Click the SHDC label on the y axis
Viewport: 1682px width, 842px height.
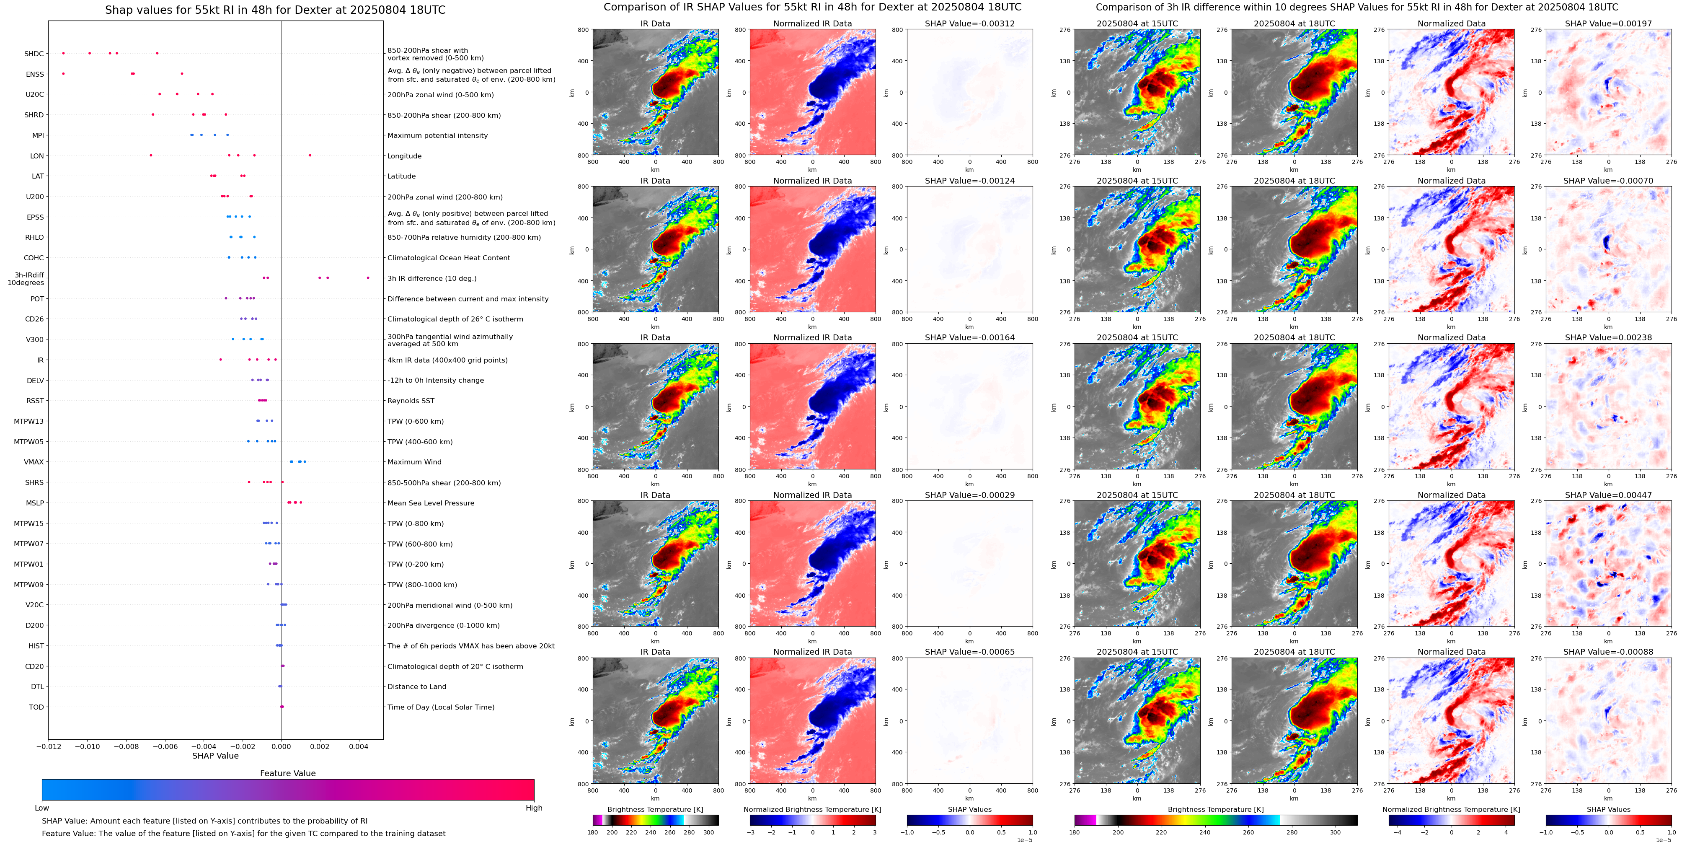(x=34, y=54)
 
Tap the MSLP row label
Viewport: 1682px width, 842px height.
(x=35, y=503)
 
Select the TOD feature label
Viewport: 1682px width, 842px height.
(x=36, y=707)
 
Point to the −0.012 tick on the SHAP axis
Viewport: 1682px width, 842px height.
(x=49, y=746)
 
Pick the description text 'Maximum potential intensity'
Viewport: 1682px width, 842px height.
(x=437, y=136)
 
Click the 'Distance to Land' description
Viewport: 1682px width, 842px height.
(x=416, y=687)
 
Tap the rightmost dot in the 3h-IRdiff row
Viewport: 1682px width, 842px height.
(x=368, y=277)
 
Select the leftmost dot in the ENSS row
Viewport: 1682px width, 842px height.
(x=63, y=73)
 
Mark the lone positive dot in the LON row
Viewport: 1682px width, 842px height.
(x=310, y=155)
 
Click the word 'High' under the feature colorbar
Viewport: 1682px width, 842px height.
(x=534, y=808)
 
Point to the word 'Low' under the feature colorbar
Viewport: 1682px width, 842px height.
(x=42, y=808)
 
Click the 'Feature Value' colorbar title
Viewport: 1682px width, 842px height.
(x=288, y=773)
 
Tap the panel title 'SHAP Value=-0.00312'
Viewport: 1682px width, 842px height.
(x=970, y=23)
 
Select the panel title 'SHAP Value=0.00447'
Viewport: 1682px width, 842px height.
(x=1608, y=495)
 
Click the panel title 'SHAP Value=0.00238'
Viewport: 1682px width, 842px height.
(x=1608, y=338)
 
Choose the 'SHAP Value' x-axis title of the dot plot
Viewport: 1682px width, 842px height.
(x=215, y=756)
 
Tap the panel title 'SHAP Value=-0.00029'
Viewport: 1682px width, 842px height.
(x=970, y=495)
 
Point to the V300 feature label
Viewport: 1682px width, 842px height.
(x=35, y=339)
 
